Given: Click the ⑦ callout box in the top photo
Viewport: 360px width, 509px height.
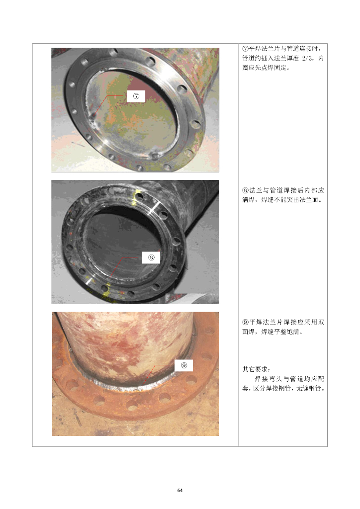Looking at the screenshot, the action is [136, 96].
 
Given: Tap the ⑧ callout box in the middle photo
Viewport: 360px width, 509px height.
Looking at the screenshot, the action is [151, 257].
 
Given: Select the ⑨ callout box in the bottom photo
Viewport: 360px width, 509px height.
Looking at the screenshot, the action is [184, 365].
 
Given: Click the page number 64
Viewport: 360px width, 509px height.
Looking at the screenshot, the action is [180, 490].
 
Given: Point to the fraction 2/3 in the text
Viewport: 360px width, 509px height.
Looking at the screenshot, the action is [308, 58].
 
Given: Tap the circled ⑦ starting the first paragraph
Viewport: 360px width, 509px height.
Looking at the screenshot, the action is [246, 49].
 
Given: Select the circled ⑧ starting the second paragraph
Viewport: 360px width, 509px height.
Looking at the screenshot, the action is [246, 190].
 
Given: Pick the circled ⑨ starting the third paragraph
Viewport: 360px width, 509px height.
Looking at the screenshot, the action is [246, 322].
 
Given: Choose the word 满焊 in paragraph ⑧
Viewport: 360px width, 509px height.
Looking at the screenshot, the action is [248, 200].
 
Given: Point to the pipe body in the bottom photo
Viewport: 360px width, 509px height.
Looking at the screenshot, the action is [127, 344].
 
